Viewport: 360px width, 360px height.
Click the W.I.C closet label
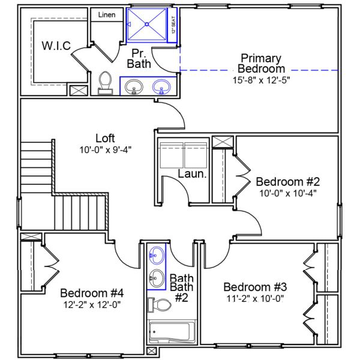tap(56, 46)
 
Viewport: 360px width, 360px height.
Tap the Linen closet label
tap(106, 14)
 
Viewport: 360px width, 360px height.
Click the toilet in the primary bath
tap(106, 83)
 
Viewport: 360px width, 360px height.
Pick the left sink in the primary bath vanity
tap(134, 88)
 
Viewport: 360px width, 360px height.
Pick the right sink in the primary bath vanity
tap(161, 88)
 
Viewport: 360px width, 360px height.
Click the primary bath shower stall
tap(147, 25)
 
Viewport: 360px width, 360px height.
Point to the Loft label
tap(105, 139)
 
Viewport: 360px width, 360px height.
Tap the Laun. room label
tap(193, 175)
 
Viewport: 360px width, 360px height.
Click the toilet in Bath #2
tap(159, 305)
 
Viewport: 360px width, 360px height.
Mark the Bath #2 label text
tap(181, 288)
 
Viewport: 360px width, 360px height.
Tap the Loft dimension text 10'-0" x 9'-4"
tap(105, 149)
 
